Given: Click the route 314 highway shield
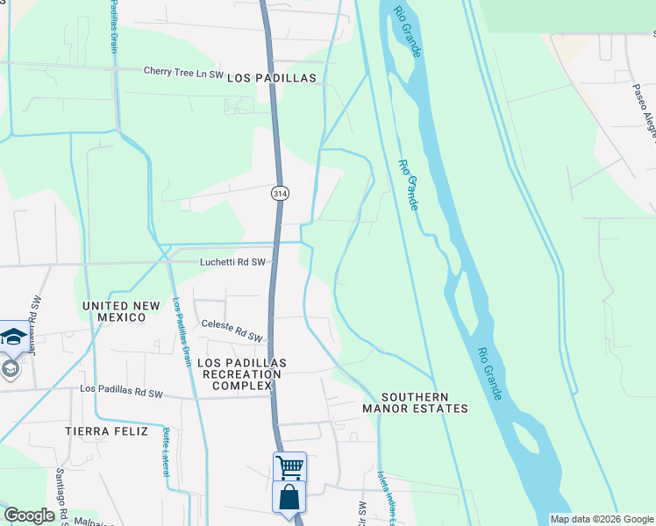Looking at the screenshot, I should pyautogui.click(x=279, y=193).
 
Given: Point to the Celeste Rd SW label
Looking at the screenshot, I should pyautogui.click(x=232, y=331).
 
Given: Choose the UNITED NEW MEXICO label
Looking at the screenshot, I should pyautogui.click(x=121, y=311).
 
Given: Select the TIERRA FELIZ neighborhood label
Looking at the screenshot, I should pyautogui.click(x=103, y=431).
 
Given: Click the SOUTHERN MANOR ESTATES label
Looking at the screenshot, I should pyautogui.click(x=416, y=402).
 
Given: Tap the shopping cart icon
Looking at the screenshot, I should pyautogui.click(x=289, y=466).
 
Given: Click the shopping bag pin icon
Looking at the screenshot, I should pyautogui.click(x=289, y=497).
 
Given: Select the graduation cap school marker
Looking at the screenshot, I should pyautogui.click(x=13, y=337).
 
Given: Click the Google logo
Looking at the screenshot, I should pyautogui.click(x=30, y=515).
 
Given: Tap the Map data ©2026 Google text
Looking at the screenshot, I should pyautogui.click(x=602, y=519).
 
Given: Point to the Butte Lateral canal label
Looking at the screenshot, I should pyautogui.click(x=166, y=451).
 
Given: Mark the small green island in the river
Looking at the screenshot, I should pyautogui.click(x=525, y=438).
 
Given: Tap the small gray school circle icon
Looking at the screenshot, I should pyautogui.click(x=10, y=369).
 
